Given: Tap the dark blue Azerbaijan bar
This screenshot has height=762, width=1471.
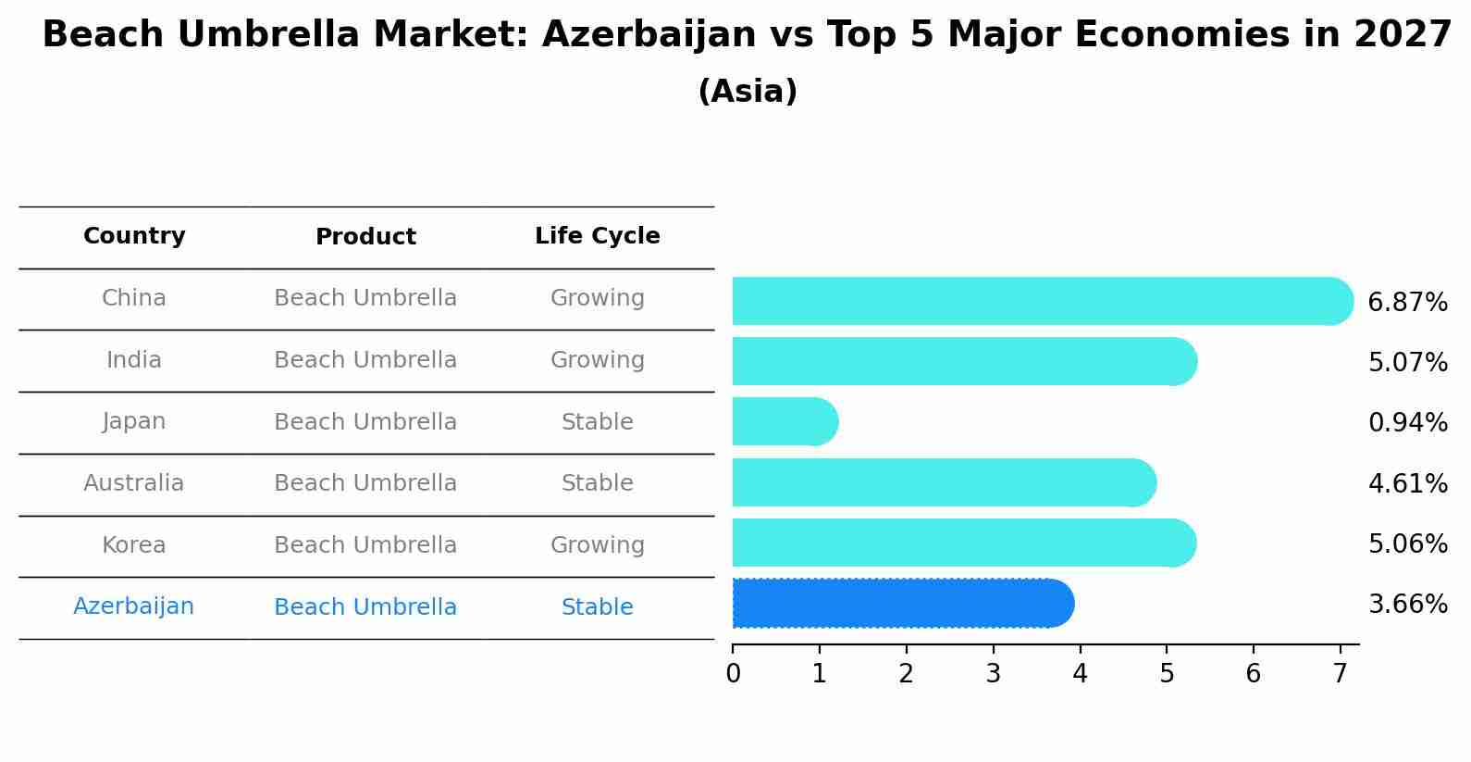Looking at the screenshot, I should pos(902,603).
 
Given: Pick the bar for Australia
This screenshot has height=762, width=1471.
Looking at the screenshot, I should pos(944,482).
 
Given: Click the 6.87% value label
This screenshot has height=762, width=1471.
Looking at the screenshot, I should pos(1407,303).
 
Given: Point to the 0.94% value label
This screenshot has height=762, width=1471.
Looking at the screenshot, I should pos(1407,423).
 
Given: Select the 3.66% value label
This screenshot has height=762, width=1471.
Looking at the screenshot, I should pos(1407,605).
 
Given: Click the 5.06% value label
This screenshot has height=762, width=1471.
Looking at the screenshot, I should pos(1407,543).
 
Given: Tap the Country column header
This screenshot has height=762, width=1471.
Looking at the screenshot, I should pos(134,236).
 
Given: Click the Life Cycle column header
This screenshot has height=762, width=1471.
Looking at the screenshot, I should pos(598,236).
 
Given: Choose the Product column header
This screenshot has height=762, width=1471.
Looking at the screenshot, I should pos(365,237).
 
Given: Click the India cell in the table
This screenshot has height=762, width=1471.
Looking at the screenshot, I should pos(134,360).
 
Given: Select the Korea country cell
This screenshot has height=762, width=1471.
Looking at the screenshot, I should pos(134,545).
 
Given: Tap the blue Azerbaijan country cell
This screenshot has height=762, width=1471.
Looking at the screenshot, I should pos(134,606).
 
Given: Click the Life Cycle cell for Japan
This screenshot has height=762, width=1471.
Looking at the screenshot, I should pos(598,422).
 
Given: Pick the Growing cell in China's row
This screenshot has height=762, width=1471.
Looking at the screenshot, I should pos(598,298).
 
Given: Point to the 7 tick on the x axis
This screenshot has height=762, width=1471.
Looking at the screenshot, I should pos(1340,674).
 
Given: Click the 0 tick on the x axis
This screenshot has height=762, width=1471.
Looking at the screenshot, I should pos(733,674).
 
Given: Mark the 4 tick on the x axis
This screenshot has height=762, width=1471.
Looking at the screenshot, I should pos(1080,674).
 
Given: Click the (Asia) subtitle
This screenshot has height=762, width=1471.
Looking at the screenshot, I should pos(748,92).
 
